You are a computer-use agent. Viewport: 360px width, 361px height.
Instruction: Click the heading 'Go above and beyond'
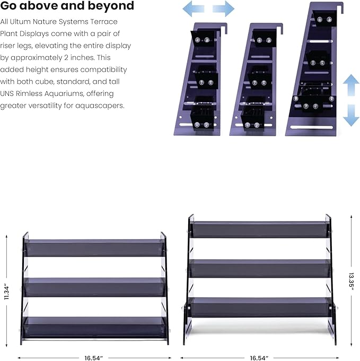coord(67,5)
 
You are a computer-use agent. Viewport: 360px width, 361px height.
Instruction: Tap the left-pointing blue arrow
coord(193,9)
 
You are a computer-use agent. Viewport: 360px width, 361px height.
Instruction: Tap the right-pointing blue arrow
coord(223,9)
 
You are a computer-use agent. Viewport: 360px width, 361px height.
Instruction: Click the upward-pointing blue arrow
coord(351,85)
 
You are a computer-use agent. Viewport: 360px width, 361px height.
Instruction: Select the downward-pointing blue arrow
coord(351,116)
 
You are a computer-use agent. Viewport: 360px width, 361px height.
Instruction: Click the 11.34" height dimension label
coord(6,292)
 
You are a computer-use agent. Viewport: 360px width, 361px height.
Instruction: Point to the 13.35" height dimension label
coord(351,284)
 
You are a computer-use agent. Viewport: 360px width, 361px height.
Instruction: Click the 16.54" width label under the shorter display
coord(93,358)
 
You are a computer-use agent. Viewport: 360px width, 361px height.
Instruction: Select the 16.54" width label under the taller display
coord(259,358)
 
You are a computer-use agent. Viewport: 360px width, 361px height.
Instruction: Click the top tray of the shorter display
coord(95,248)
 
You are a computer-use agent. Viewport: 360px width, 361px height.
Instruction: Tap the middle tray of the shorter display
coord(95,287)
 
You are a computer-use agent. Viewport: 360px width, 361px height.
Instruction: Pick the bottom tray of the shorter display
coord(95,328)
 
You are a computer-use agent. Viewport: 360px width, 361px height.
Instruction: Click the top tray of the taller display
coord(260,230)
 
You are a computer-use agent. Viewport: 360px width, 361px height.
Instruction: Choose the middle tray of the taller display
coord(260,268)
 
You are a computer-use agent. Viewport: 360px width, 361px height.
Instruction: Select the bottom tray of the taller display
coord(260,307)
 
